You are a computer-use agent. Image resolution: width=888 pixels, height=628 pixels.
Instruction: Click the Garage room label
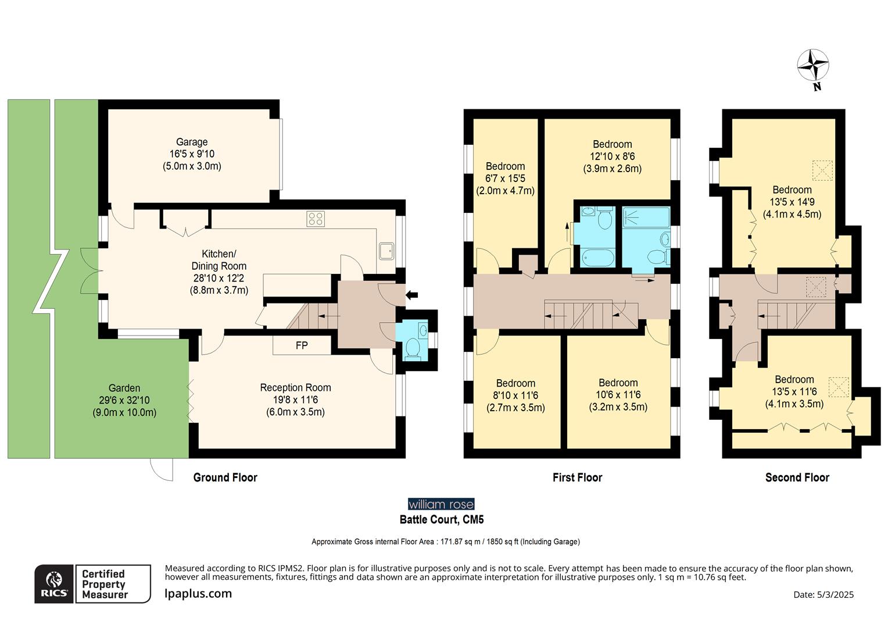click(192, 142)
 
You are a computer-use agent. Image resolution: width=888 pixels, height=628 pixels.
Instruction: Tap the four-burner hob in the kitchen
click(316, 219)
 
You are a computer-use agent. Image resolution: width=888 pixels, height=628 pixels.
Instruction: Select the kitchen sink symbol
click(386, 251)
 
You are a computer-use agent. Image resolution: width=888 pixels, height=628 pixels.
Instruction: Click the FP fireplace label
click(302, 345)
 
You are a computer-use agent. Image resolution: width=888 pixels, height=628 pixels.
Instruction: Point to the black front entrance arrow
click(412, 295)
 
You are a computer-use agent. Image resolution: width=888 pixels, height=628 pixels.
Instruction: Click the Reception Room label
click(295, 388)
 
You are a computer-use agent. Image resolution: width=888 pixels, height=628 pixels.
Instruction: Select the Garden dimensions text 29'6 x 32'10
click(124, 400)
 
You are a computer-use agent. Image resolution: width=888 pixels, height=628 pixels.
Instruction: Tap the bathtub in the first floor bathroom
click(598, 258)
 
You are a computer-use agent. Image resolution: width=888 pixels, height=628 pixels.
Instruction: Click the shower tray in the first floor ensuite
click(646, 217)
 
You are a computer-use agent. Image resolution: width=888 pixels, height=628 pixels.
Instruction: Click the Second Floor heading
click(797, 477)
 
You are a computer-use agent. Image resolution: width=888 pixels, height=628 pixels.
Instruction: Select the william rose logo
click(441, 504)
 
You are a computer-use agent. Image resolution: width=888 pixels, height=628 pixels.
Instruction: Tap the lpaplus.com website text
click(198, 594)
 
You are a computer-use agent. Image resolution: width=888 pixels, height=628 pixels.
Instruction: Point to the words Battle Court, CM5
click(442, 520)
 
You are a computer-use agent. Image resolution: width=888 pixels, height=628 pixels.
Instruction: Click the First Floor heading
click(578, 477)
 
